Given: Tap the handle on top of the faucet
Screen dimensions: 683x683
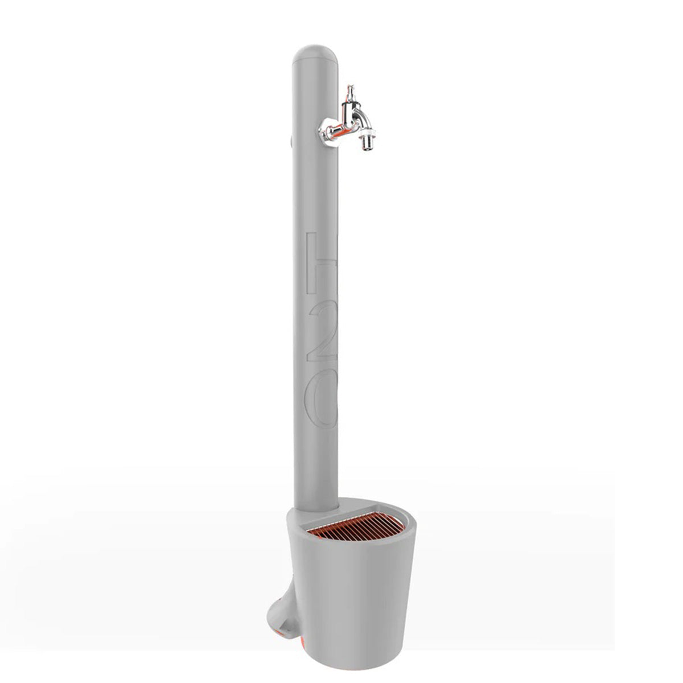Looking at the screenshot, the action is (350, 92).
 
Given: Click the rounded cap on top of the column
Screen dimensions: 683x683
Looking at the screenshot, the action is (315, 54).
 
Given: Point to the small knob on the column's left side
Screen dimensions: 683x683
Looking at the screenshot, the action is (291, 142).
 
